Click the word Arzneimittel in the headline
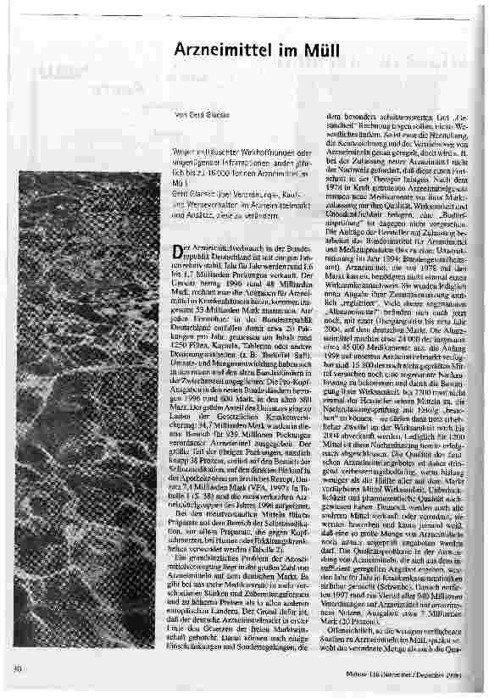225,51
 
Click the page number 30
17,669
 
